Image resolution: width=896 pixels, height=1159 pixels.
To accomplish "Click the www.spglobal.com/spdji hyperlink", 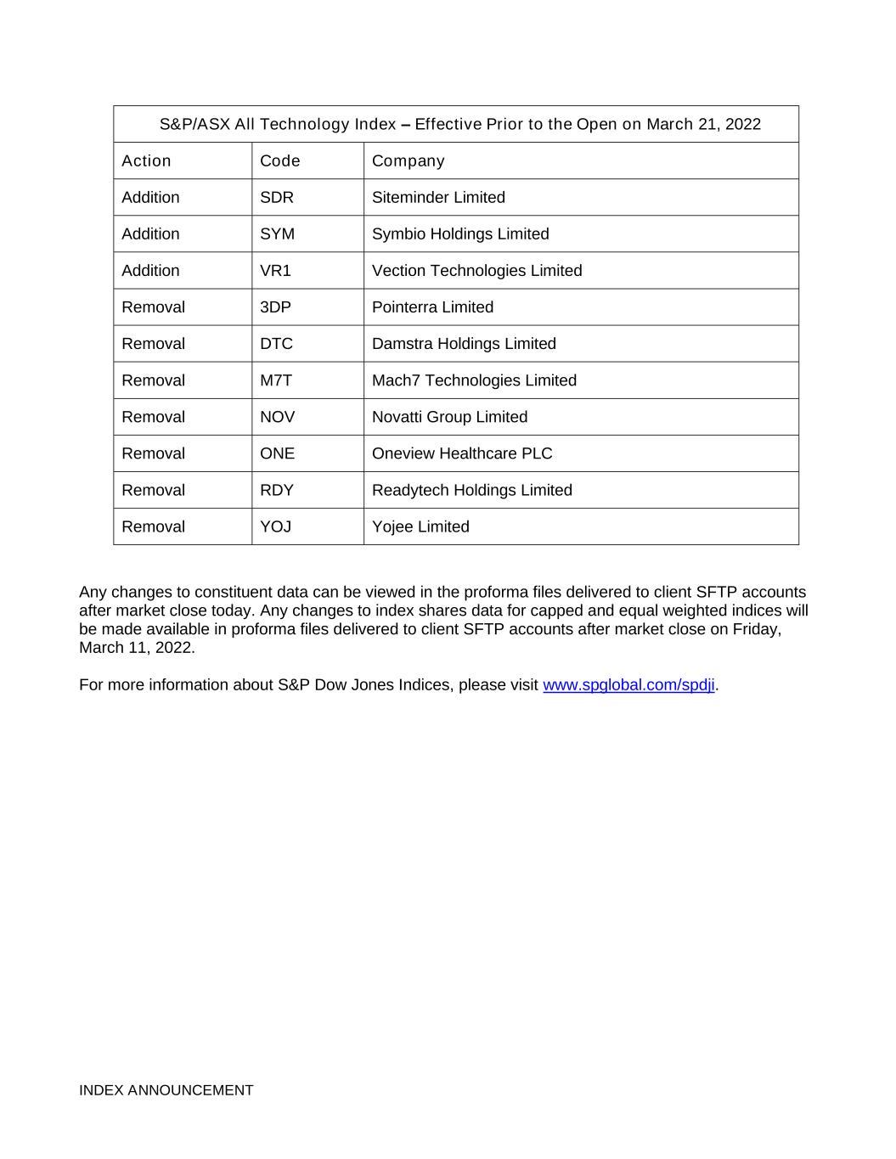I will (628, 685).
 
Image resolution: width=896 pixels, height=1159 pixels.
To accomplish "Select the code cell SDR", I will (277, 198).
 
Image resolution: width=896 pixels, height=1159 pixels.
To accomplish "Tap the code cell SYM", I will (277, 234).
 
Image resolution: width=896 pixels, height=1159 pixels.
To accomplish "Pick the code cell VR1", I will (275, 271).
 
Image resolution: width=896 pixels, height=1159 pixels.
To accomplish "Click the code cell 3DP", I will (275, 307).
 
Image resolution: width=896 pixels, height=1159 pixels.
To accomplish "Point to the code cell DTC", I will (276, 344).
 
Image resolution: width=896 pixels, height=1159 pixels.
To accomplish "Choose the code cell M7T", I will (275, 380).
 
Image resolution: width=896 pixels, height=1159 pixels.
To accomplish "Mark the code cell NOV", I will (277, 417).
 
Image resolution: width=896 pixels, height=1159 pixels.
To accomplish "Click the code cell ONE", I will (277, 453).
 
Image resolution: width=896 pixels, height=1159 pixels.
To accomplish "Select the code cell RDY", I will (277, 490).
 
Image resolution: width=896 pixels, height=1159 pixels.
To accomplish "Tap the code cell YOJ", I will (275, 526).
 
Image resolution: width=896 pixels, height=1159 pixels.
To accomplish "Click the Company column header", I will (408, 161).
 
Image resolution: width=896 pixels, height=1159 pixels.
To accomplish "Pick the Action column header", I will (146, 161).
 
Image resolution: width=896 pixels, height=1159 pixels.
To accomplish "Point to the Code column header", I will (280, 161).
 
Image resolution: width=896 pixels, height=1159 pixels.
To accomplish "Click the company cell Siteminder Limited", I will (438, 198).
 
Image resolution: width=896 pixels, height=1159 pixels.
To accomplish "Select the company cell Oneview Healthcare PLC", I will (462, 453).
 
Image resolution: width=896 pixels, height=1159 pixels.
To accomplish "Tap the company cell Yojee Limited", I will (420, 526).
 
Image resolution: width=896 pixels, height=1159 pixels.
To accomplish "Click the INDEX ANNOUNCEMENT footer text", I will (166, 1090).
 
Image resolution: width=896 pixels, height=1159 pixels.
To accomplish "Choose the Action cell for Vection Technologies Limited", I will (150, 271).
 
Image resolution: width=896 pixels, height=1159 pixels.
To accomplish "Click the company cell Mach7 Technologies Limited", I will (474, 380).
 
